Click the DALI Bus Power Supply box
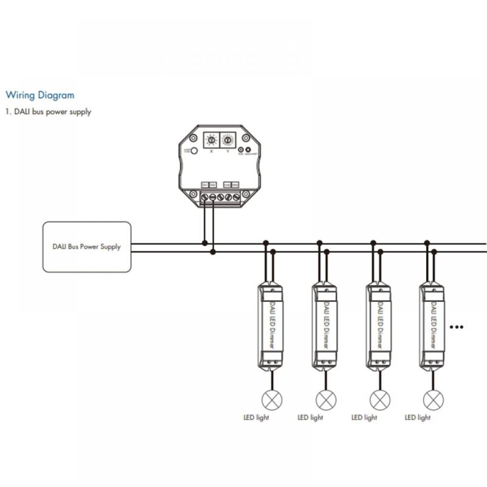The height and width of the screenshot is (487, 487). (87, 247)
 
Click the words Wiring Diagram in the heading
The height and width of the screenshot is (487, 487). (40, 95)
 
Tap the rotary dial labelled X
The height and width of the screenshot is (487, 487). (211, 140)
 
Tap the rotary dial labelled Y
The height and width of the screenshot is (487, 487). (227, 140)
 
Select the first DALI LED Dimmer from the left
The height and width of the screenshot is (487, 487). (270, 325)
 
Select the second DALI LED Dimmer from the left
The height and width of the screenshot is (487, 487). (324, 325)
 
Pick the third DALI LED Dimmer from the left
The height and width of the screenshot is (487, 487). (378, 325)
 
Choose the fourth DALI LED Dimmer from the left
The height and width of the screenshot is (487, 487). (432, 325)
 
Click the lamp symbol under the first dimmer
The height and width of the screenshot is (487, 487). (272, 400)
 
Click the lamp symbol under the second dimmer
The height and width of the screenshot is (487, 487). (326, 400)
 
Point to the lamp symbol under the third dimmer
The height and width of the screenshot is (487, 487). (380, 400)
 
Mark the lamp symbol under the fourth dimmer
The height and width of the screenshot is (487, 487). (433, 400)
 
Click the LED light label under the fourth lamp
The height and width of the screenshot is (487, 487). (418, 417)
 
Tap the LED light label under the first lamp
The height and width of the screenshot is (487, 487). (256, 417)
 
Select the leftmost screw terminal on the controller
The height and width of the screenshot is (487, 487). (205, 197)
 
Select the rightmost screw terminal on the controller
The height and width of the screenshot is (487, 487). (236, 197)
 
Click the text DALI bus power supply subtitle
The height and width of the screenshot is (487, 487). (48, 112)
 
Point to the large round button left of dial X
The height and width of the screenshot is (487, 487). (194, 151)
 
